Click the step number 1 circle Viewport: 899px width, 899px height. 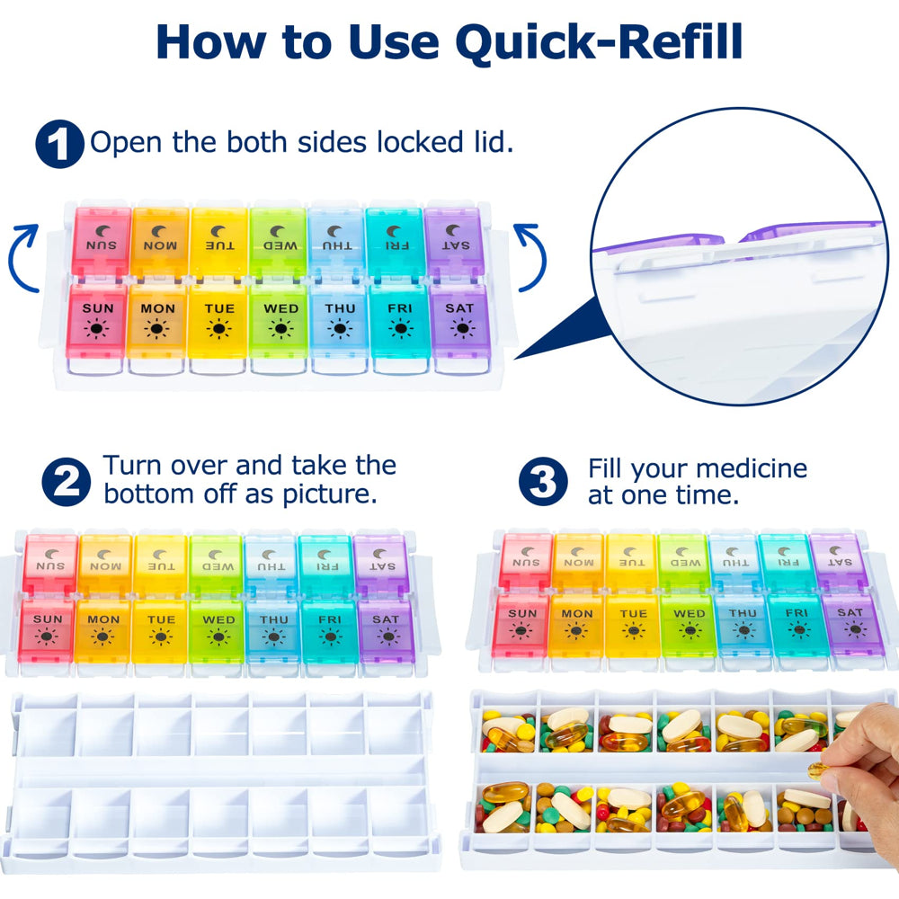[x=59, y=144]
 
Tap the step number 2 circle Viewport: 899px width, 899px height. [x=67, y=482]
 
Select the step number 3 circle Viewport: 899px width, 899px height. [x=543, y=482]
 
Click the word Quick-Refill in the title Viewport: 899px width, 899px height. [x=599, y=42]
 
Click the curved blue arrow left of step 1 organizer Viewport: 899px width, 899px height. [x=23, y=258]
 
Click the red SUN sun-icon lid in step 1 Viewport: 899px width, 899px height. [x=97, y=321]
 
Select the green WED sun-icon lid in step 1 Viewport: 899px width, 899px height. [x=280, y=321]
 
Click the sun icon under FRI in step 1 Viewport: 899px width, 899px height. [x=400, y=329]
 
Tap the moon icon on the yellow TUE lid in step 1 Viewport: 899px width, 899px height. [x=218, y=231]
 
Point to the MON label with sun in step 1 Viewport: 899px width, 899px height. [x=157, y=308]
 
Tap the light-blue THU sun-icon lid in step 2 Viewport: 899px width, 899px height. [x=273, y=630]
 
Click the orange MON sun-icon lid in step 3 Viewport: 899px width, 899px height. [x=576, y=625]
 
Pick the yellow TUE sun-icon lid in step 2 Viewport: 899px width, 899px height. [x=160, y=630]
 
